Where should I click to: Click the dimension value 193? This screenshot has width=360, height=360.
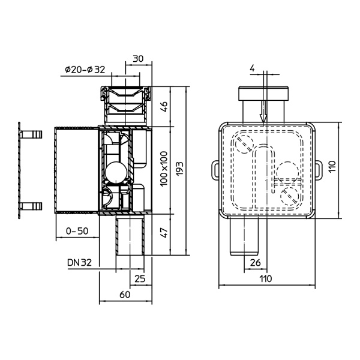click(x=179, y=169)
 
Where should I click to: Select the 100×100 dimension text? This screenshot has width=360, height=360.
click(x=163, y=169)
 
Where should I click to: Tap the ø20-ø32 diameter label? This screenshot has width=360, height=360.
click(x=85, y=70)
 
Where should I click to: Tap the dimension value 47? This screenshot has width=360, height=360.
click(x=163, y=231)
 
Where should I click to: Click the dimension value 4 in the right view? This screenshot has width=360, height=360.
click(x=252, y=69)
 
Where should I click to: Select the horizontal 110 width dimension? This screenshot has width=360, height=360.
click(x=266, y=278)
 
